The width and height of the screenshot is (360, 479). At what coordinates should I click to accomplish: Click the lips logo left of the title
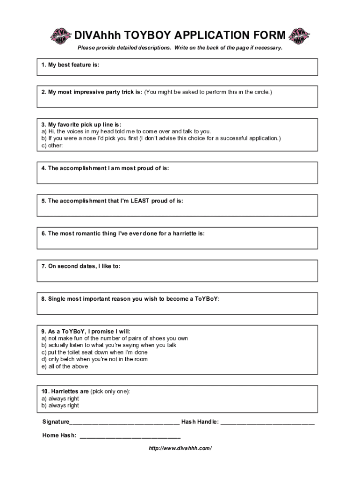[x=61, y=36]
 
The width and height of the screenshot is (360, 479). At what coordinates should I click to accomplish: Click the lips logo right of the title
[x=299, y=36]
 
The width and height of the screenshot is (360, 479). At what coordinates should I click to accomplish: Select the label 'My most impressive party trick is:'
[x=92, y=92]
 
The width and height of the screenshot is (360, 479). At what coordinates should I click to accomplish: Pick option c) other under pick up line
[x=52, y=145]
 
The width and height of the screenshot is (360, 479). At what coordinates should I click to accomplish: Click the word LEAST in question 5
[x=140, y=201]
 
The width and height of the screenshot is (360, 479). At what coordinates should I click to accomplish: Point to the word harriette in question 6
[x=187, y=233]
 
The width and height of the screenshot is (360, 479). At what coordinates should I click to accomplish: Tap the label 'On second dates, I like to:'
[x=81, y=266]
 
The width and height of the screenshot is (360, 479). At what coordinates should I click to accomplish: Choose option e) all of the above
[x=65, y=366]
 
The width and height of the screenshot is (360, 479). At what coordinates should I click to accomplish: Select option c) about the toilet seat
[x=94, y=352]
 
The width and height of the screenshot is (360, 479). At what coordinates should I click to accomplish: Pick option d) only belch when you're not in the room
[x=94, y=359]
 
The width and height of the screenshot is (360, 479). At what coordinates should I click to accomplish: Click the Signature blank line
[x=124, y=423]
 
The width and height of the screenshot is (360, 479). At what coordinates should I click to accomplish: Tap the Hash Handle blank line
[x=267, y=423]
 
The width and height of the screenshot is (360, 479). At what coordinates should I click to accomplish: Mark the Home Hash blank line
[x=130, y=436]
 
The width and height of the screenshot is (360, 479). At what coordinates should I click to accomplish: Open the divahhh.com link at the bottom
[x=180, y=448]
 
